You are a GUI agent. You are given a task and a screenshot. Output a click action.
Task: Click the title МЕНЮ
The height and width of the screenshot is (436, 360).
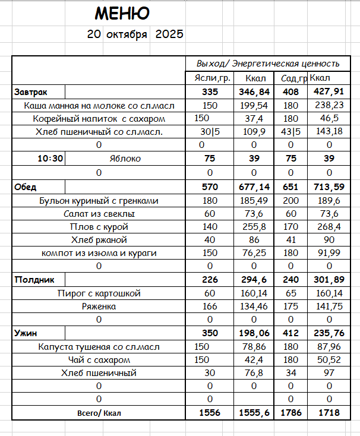[122, 14]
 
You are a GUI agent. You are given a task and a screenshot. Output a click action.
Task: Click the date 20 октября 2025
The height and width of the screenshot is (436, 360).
[135, 34]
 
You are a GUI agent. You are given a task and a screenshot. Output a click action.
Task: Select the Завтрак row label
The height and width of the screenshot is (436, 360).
[31, 92]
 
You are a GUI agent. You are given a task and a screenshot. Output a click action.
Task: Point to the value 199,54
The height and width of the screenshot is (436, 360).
[252, 105]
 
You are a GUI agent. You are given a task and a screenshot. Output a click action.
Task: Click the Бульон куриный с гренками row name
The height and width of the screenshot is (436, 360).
[99, 201]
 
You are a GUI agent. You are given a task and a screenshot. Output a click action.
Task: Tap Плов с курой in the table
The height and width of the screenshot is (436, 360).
[99, 227]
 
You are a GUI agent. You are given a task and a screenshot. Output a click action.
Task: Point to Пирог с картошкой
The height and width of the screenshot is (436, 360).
[99, 293]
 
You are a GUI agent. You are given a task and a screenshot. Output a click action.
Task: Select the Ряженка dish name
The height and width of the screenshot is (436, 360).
[99, 307]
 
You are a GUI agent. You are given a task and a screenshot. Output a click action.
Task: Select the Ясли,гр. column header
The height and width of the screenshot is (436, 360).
[210, 78]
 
